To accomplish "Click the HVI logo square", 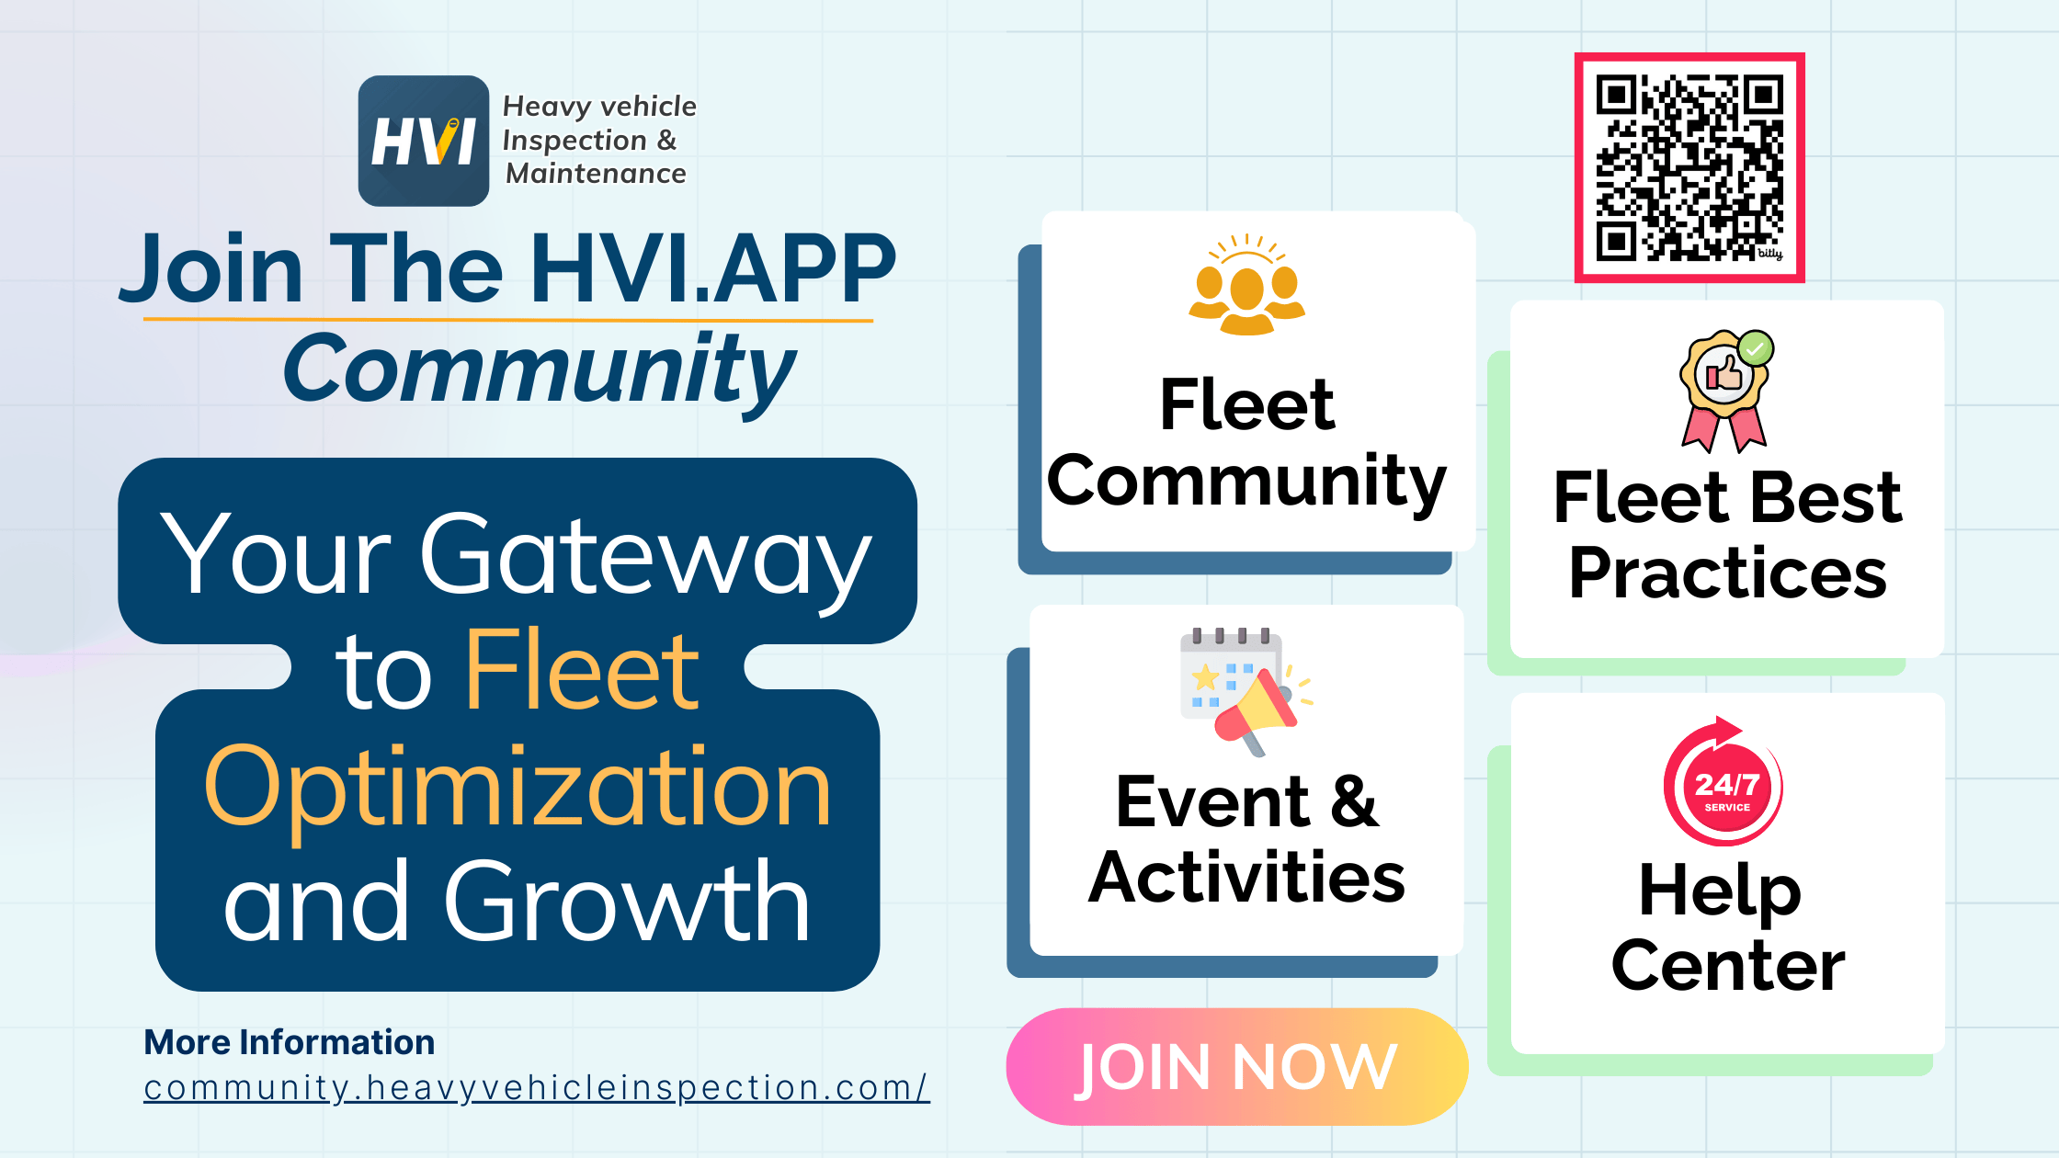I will (x=423, y=141).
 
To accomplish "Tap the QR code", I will (x=1689, y=168).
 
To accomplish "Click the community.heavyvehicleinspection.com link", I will (x=537, y=1088).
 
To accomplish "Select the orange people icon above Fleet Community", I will (x=1246, y=287).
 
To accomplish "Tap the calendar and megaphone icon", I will (x=1244, y=691).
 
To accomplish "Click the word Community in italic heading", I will (x=539, y=370).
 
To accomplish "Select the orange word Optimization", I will (x=518, y=789).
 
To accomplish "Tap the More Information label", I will (x=290, y=1042).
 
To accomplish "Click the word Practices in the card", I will (x=1727, y=573).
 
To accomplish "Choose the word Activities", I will (x=1246, y=878).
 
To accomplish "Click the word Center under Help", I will (x=1728, y=966).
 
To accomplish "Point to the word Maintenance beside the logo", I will (x=596, y=174).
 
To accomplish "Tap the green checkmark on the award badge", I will (x=1755, y=349).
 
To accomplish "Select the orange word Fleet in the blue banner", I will (x=583, y=672).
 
